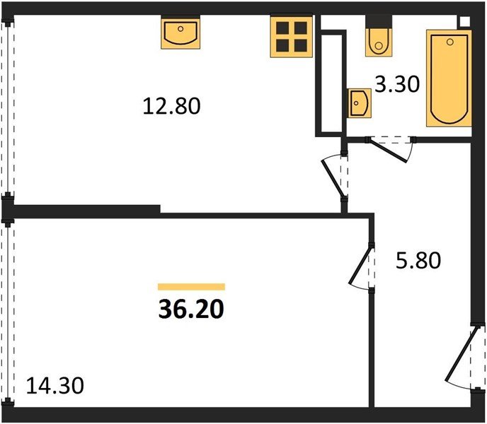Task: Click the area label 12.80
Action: coord(172,107)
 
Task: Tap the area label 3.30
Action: coord(397,86)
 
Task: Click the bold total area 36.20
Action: coord(190,309)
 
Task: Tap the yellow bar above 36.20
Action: coord(190,287)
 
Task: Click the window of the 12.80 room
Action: coord(7,110)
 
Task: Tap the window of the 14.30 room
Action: coord(7,311)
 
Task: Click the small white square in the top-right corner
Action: coord(464,20)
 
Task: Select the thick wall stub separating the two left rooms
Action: coord(85,210)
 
